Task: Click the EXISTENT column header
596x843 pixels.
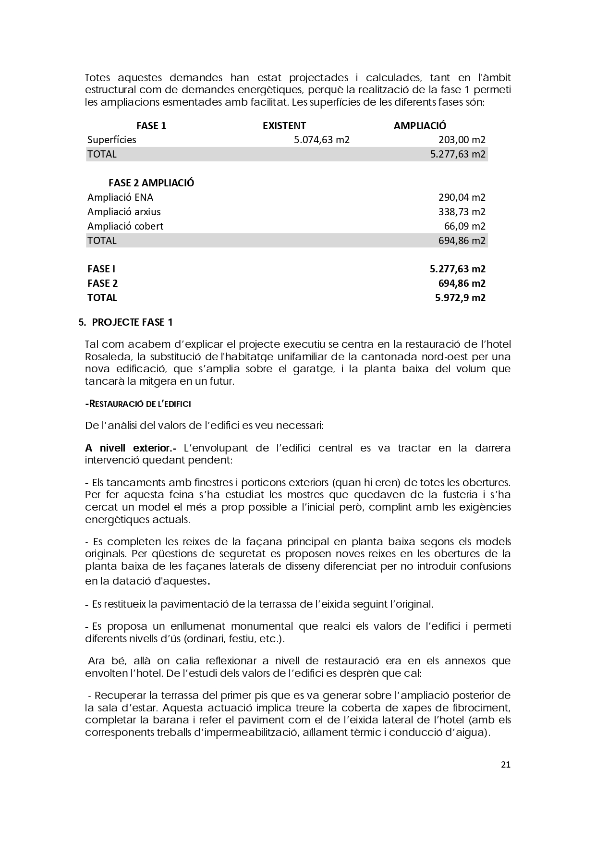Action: point(284,126)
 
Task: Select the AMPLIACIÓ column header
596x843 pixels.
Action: point(420,126)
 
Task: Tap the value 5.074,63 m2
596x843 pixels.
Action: point(321,140)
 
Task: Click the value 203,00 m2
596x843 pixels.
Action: point(462,140)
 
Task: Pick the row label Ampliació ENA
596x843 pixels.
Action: point(120,197)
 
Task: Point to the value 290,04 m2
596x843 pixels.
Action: point(462,197)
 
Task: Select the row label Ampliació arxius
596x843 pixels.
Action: point(124,212)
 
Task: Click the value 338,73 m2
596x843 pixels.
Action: point(462,212)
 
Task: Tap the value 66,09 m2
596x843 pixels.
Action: point(464,226)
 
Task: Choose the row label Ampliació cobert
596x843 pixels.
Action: point(125,226)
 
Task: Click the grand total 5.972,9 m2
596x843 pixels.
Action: point(460,298)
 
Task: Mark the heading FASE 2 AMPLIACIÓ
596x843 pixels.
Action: point(151,183)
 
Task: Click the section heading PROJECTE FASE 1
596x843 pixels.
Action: point(132,322)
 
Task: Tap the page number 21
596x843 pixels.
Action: point(505,765)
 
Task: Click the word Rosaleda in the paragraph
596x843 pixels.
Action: point(106,357)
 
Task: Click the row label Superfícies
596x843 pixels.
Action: point(111,140)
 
